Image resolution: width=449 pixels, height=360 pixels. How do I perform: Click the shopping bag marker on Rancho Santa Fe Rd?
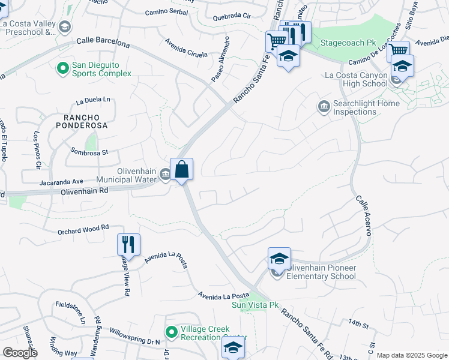click(181, 170)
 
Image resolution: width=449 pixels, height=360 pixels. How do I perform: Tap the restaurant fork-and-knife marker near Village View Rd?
click(128, 245)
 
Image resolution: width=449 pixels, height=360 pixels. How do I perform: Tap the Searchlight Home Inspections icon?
click(324, 107)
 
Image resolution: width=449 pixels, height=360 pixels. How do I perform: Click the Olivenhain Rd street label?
click(84, 190)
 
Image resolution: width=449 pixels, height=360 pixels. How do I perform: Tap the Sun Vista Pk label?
click(256, 305)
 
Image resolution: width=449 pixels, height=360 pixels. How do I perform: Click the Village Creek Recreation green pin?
click(171, 332)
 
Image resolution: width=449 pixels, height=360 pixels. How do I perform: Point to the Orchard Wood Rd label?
click(83, 228)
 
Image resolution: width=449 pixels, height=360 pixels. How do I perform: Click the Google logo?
click(20, 353)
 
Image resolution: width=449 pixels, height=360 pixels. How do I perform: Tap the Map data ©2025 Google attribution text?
click(411, 355)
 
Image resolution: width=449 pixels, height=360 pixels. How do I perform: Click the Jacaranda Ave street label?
click(62, 181)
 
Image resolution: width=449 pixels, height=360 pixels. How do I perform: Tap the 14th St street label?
click(358, 325)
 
